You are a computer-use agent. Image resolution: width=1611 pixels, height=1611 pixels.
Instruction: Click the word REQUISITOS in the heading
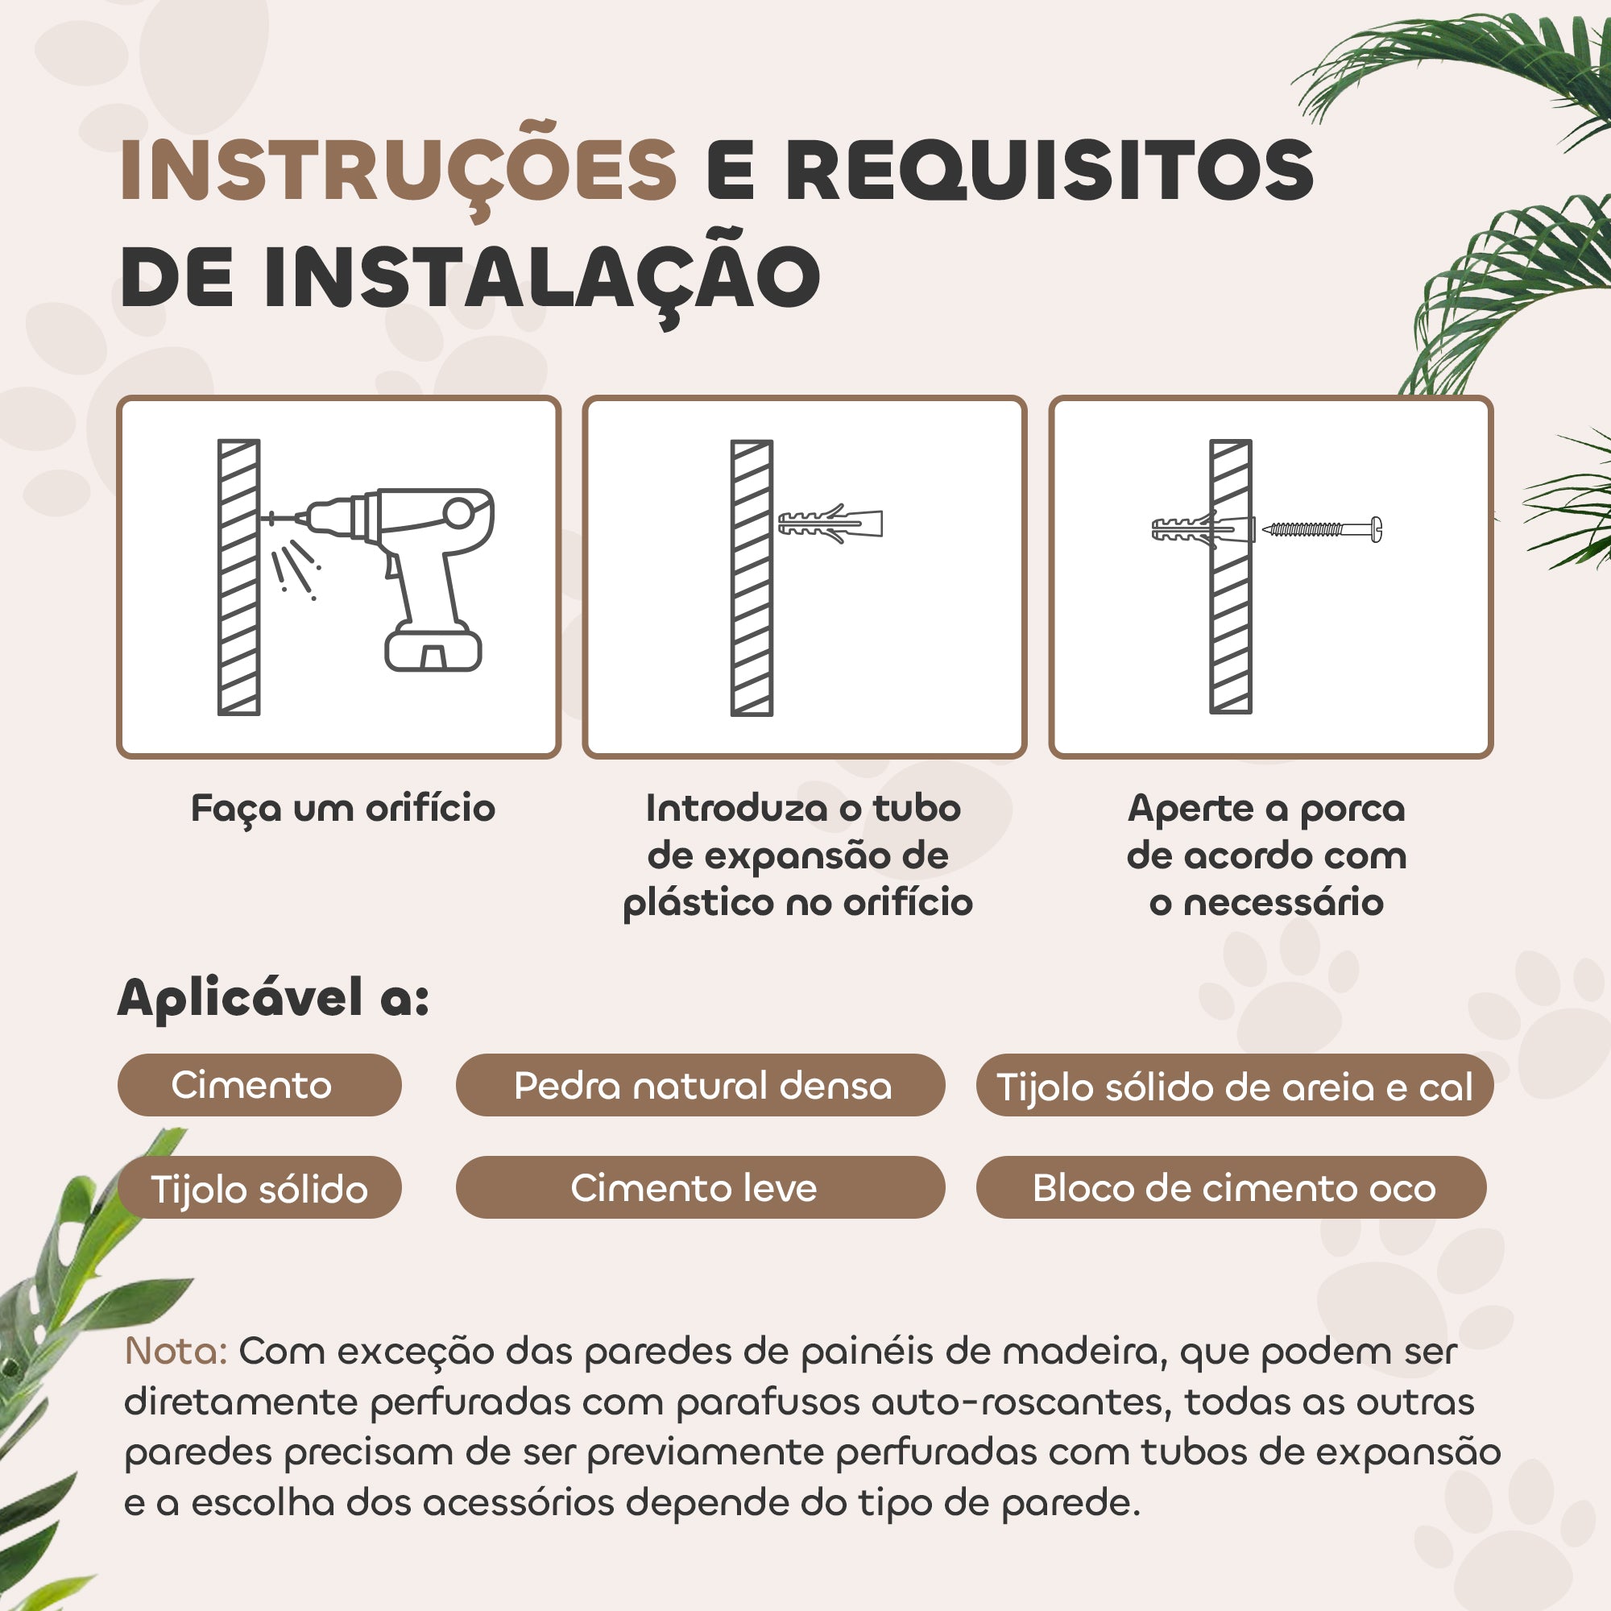[1050, 170]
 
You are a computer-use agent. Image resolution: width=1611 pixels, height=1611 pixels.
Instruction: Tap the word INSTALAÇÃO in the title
[542, 275]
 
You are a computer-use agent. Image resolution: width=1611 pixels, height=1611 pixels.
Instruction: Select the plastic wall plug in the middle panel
[830, 524]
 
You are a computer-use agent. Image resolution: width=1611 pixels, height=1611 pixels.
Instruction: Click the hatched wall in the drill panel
[238, 577]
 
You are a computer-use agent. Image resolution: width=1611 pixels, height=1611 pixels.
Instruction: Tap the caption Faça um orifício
[342, 809]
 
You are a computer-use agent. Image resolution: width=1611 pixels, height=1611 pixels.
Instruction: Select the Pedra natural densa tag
[701, 1085]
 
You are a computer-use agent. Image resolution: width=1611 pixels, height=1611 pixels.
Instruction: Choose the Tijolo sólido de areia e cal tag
[1234, 1085]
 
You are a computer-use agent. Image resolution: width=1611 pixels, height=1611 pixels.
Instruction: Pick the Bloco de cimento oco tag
[1232, 1187]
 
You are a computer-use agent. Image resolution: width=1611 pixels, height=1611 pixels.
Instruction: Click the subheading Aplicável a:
[274, 998]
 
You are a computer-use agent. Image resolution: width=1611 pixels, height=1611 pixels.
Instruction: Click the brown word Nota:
[176, 1351]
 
